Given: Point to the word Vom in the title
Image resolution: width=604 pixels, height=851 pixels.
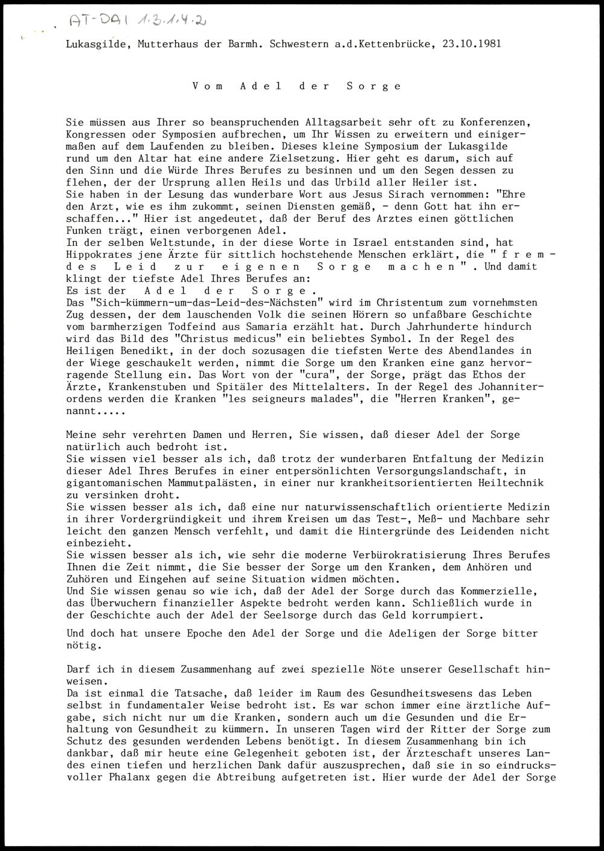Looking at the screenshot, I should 207,86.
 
